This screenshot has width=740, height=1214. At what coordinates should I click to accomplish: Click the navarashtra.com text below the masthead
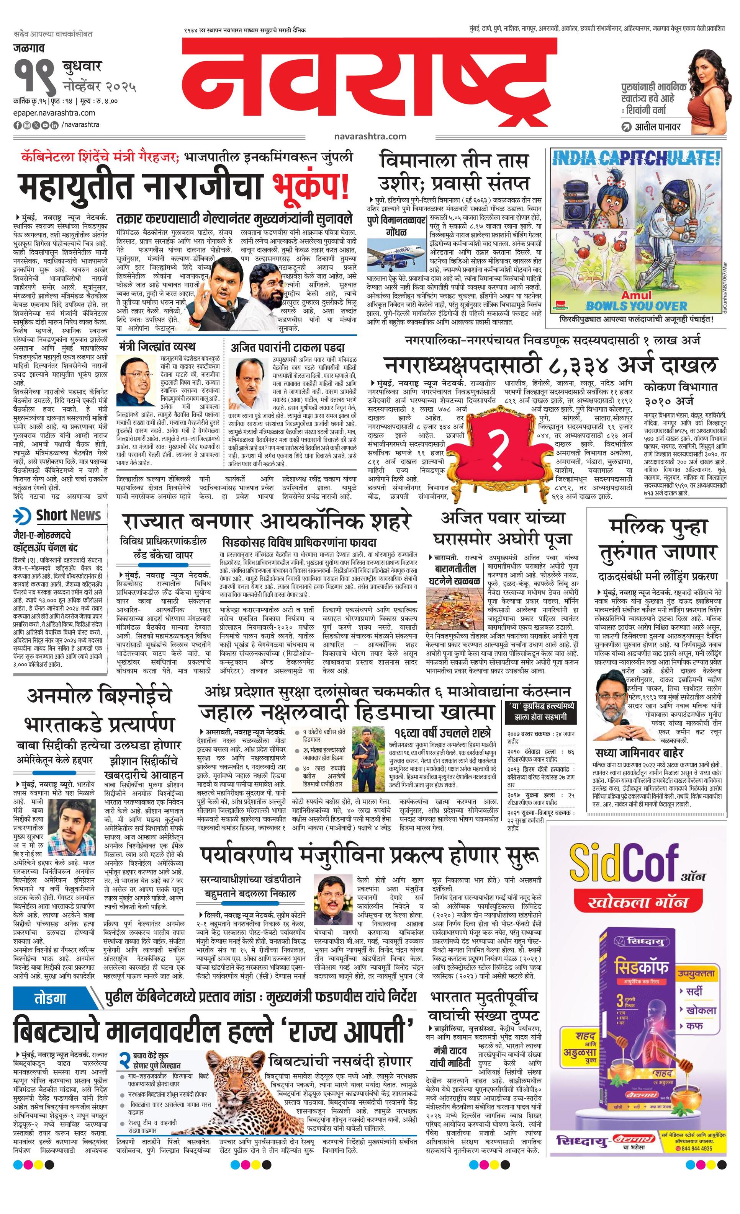(369, 136)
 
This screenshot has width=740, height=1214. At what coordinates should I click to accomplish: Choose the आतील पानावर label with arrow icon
(652, 127)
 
